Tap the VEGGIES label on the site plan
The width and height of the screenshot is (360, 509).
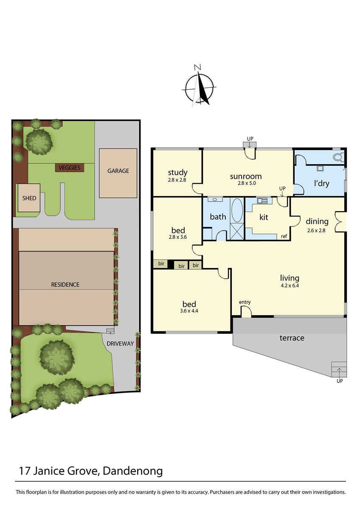pyautogui.click(x=70, y=168)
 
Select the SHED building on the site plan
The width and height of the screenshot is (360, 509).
pyautogui.click(x=29, y=198)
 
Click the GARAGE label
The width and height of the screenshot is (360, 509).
pyautogui.click(x=118, y=171)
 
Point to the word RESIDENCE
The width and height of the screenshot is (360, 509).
pyautogui.click(x=65, y=285)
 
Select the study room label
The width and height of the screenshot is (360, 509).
pyautogui.click(x=177, y=173)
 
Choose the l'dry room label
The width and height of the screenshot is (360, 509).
pyautogui.click(x=321, y=184)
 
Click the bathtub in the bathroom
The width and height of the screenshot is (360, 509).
pyautogui.click(x=237, y=210)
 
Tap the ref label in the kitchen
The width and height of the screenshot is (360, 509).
pyautogui.click(x=284, y=236)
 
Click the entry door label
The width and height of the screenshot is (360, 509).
pyautogui.click(x=245, y=302)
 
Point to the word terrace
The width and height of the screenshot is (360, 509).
pyautogui.click(x=292, y=338)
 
